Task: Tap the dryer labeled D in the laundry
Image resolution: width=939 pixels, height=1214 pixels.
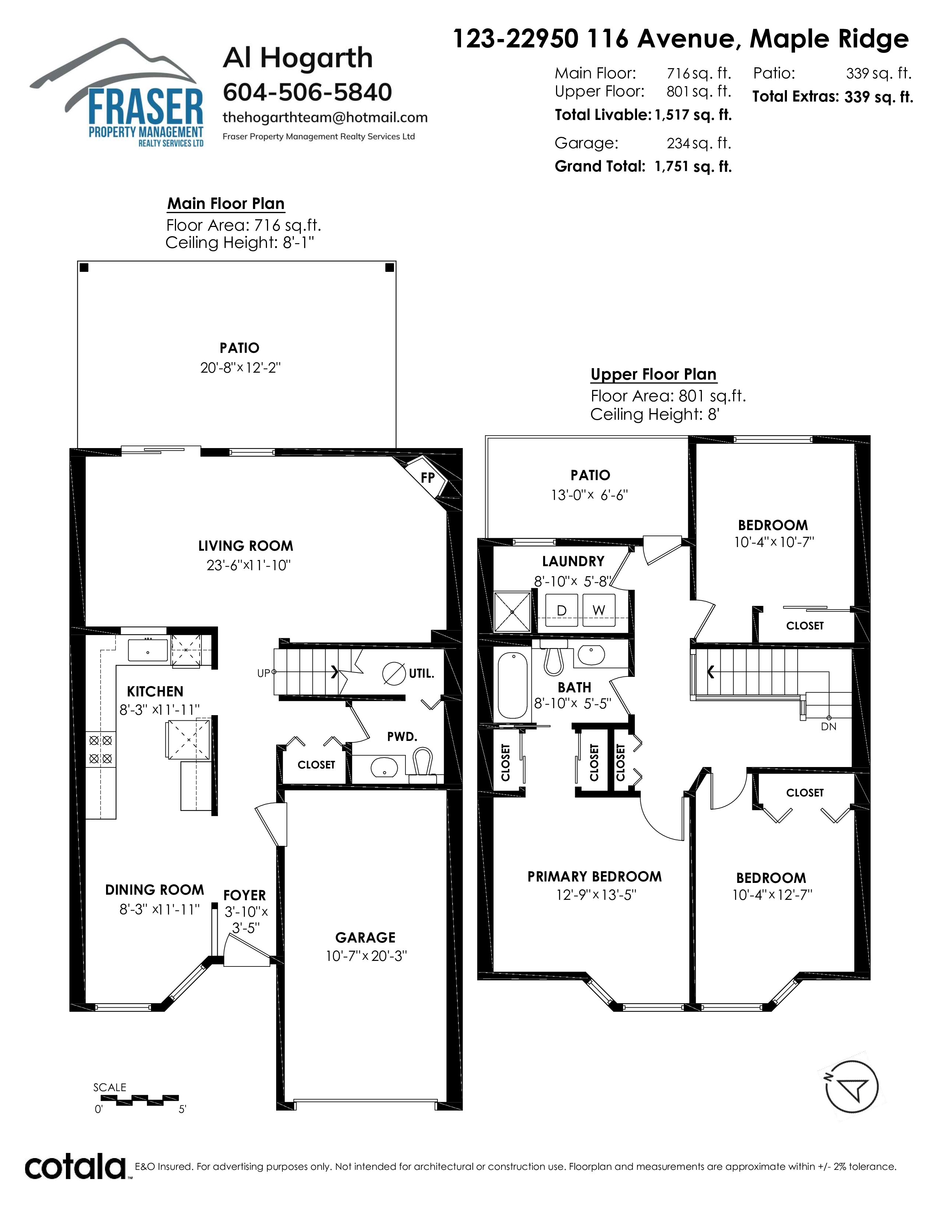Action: tap(561, 610)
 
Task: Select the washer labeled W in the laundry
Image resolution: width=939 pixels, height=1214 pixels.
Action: tap(598, 610)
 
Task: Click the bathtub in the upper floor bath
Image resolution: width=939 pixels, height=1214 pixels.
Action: tap(512, 686)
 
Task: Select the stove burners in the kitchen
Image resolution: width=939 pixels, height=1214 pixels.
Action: tap(101, 749)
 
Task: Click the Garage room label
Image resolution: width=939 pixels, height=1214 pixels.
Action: tap(366, 938)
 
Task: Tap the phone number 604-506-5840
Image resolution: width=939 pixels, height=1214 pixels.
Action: tap(307, 92)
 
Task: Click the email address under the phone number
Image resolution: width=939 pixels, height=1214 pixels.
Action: tap(325, 117)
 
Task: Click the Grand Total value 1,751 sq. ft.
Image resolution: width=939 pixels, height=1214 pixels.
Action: tap(693, 167)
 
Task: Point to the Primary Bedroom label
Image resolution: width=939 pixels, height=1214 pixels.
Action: tap(595, 877)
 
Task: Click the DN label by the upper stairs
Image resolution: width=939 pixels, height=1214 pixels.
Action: tap(828, 727)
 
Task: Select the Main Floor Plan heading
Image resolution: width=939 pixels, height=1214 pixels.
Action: tap(226, 204)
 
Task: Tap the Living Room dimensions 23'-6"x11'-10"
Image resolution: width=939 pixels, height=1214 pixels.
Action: tap(249, 565)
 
